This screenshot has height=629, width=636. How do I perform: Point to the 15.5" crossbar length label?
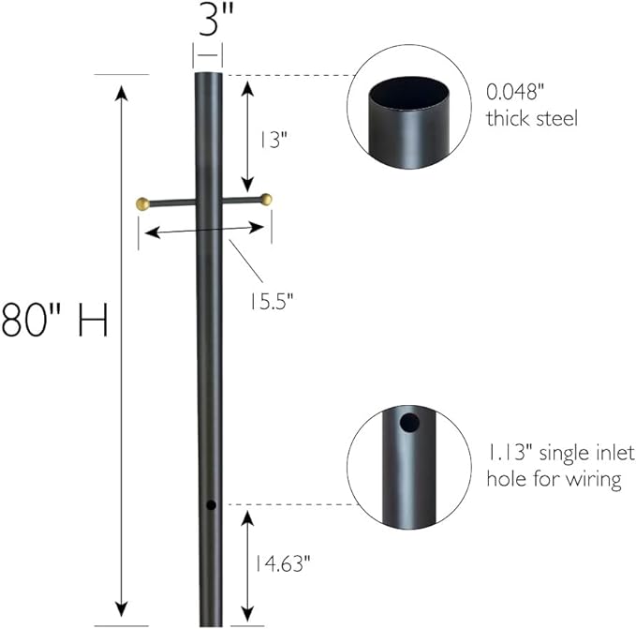pyautogui.click(x=272, y=301)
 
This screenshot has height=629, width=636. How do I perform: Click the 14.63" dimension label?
pyautogui.click(x=281, y=562)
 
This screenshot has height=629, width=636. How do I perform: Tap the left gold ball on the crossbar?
pyautogui.click(x=143, y=202)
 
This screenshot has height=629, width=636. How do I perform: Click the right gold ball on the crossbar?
pyautogui.click(x=267, y=199)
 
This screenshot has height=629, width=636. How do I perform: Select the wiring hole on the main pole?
pyautogui.click(x=212, y=505)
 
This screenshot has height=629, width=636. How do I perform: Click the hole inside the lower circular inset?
pyautogui.click(x=407, y=423)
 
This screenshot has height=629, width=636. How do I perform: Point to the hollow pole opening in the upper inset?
pyautogui.click(x=407, y=95)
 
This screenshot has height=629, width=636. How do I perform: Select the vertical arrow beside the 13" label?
pyautogui.click(x=246, y=136)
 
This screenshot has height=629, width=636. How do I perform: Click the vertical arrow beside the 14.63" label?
pyautogui.click(x=246, y=562)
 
